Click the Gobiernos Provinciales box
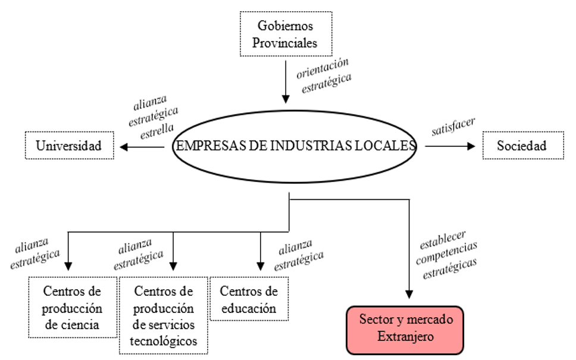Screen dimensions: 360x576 click(x=286, y=35)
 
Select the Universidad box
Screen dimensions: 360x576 click(x=68, y=145)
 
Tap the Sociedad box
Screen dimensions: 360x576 click(x=522, y=145)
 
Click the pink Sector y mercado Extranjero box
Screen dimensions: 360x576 click(x=406, y=328)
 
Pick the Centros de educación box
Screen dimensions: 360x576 click(x=249, y=299)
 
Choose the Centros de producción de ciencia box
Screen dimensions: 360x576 click(x=72, y=308)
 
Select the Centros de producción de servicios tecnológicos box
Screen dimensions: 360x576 click(x=164, y=316)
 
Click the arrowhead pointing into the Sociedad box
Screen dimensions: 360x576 click(x=472, y=145)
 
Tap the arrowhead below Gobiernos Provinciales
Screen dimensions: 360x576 click(x=286, y=98)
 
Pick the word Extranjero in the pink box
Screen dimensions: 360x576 click(x=406, y=337)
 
